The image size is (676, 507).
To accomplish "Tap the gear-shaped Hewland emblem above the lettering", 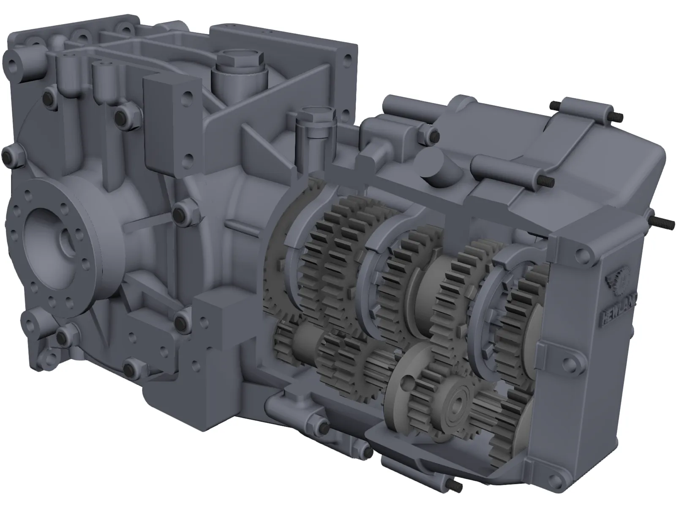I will [x=621, y=281].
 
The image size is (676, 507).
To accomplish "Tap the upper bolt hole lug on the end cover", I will [x=583, y=253].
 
